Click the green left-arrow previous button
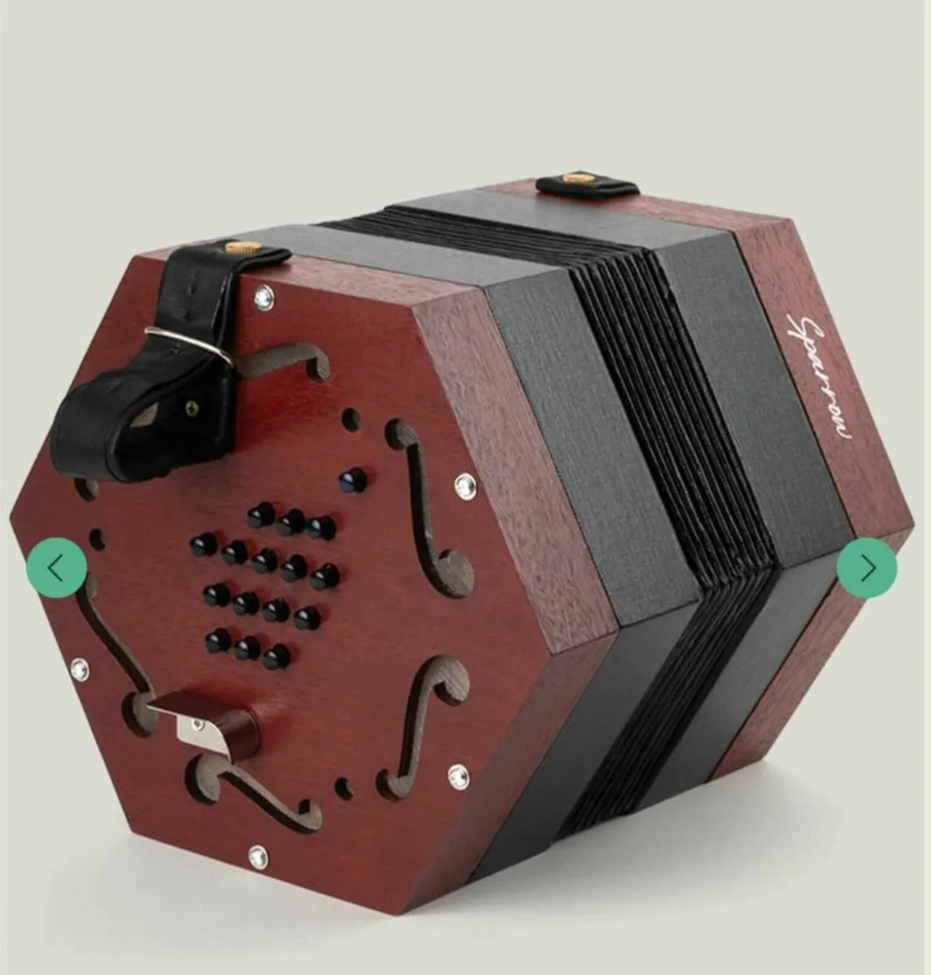pos(56,568)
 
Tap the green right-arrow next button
pos(867,568)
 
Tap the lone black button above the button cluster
pos(352,479)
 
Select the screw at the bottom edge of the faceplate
pos(259,856)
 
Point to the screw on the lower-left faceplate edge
pos(80,669)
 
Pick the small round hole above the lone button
pos(350,419)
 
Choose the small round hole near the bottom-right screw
pos(344,787)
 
